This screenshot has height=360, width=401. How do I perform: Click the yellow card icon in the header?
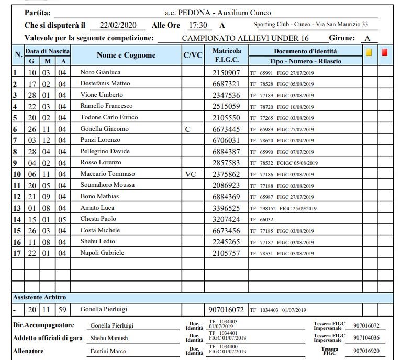click(x=369, y=52)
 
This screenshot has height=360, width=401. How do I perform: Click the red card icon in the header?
click(x=385, y=52)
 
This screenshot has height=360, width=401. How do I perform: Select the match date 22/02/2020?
click(x=118, y=25)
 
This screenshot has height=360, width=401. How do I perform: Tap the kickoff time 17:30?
click(x=197, y=25)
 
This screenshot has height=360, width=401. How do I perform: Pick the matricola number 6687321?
click(x=226, y=84)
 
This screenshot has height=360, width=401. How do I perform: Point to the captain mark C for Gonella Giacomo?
click(x=188, y=129)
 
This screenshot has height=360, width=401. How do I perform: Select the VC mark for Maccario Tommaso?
click(x=190, y=174)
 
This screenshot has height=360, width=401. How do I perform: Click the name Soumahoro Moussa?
click(x=107, y=185)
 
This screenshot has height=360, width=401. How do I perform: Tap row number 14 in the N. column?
click(x=17, y=219)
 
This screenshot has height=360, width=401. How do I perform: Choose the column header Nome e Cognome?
click(x=126, y=55)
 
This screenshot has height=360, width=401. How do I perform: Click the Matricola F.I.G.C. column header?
click(x=227, y=55)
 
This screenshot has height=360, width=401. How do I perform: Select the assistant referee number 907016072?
click(x=226, y=310)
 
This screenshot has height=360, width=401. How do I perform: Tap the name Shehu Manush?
click(x=109, y=338)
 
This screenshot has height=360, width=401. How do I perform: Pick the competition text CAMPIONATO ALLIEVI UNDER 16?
click(x=246, y=38)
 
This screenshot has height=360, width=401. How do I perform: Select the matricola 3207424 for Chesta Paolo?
click(x=226, y=219)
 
